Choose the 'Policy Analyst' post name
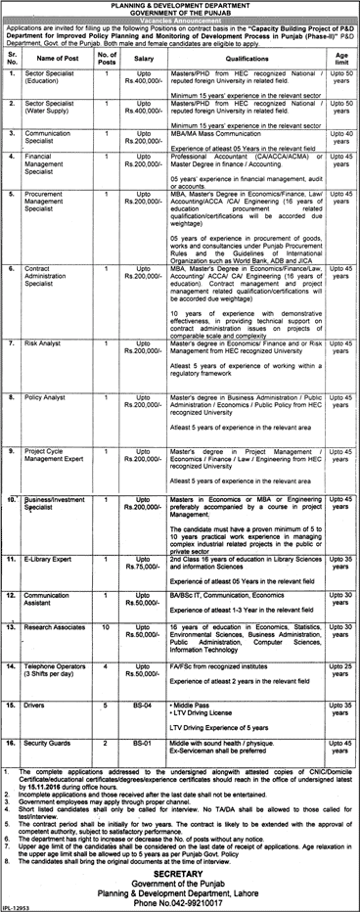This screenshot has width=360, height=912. [x=46, y=397]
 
